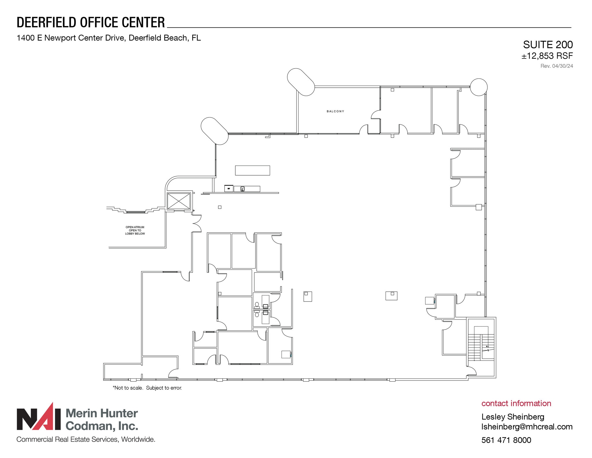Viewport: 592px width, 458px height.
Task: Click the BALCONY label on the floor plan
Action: [335, 111]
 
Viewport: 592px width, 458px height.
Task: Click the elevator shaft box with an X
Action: [179, 201]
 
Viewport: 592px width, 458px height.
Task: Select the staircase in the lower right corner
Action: [481, 346]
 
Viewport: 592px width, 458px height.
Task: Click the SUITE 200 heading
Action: [548, 45]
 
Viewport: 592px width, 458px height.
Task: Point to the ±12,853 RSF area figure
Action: [547, 56]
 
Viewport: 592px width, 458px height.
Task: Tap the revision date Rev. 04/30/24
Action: [556, 66]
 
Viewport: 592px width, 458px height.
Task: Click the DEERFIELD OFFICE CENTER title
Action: [91, 23]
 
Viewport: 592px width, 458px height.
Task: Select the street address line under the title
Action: [109, 38]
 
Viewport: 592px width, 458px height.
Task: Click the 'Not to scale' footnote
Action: [147, 388]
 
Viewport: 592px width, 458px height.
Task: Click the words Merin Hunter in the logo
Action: [102, 413]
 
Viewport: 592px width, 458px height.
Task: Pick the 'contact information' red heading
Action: [516, 403]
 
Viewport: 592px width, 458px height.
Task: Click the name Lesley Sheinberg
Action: [513, 417]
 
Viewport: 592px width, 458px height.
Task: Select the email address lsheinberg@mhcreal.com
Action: [527, 427]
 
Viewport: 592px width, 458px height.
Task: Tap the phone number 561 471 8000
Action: [506, 440]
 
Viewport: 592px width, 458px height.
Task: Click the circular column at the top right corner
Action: [479, 87]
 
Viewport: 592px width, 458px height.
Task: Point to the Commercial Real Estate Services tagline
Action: [86, 439]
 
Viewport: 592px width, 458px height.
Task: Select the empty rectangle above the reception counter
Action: [252, 170]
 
